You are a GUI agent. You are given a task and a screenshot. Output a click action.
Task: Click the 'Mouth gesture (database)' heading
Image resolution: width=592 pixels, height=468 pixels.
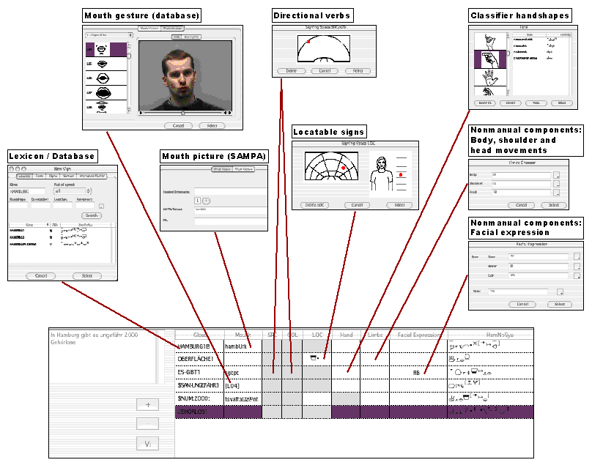click(x=142, y=15)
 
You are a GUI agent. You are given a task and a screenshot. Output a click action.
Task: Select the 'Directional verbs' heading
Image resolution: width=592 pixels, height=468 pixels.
click(x=313, y=15)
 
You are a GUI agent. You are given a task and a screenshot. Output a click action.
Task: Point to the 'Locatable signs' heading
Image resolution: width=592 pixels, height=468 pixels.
click(x=329, y=133)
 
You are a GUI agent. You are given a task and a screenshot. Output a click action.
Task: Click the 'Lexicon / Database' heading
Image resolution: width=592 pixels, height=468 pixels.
click(x=51, y=156)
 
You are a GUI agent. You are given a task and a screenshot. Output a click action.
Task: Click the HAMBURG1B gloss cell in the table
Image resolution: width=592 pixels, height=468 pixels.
click(x=194, y=345)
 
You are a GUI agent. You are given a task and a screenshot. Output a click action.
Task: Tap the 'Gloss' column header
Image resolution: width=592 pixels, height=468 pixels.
click(x=199, y=335)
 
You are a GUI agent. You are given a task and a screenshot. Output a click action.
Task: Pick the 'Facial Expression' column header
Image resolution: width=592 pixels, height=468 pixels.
click(x=418, y=335)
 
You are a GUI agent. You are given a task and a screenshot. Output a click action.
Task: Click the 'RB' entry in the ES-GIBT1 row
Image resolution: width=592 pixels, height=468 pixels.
click(x=416, y=373)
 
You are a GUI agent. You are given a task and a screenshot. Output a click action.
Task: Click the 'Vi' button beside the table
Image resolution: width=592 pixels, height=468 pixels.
click(x=147, y=443)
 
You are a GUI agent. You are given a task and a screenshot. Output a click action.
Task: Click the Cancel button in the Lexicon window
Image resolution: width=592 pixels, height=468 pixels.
click(x=40, y=276)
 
